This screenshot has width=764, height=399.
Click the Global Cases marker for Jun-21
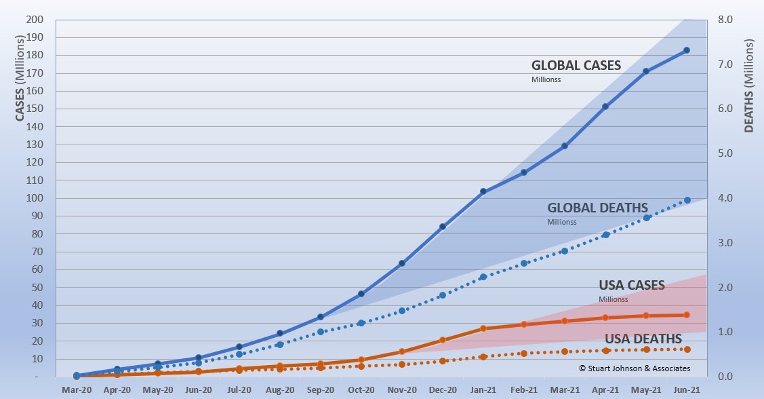pyautogui.click(x=687, y=50)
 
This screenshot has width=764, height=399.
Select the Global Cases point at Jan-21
pyautogui.click(x=483, y=191)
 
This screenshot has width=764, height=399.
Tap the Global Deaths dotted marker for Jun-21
pyautogui.click(x=687, y=200)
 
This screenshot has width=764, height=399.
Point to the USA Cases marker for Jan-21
pyautogui.click(x=483, y=328)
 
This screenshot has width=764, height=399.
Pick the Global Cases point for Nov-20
pyautogui.click(x=402, y=263)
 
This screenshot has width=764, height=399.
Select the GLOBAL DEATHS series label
pyautogui.click(x=598, y=208)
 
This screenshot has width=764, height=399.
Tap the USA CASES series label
pyautogui.click(x=632, y=285)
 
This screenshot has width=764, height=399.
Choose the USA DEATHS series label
pyautogui.click(x=643, y=339)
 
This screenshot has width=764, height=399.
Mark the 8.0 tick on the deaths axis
pyautogui.click(x=725, y=19)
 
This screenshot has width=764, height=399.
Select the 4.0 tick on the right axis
pyautogui.click(x=725, y=198)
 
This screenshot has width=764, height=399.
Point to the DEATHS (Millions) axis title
pyautogui.click(x=749, y=85)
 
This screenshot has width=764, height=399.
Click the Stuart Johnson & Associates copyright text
pyautogui.click(x=635, y=368)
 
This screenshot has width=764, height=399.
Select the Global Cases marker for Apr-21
pyautogui.click(x=605, y=107)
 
